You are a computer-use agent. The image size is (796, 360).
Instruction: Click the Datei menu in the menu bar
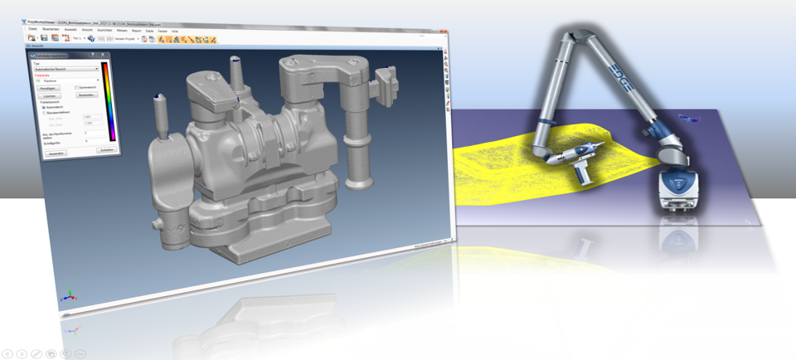click(x=33, y=28)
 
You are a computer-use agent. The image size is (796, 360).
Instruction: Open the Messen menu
click(x=122, y=29)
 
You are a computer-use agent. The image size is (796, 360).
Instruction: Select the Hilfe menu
click(x=176, y=30)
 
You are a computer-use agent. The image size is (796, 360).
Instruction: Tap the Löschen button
click(x=48, y=95)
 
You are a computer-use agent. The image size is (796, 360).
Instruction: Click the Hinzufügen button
click(x=48, y=87)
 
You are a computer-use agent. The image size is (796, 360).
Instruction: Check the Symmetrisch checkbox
click(x=77, y=87)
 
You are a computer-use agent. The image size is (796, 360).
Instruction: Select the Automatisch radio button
click(x=44, y=108)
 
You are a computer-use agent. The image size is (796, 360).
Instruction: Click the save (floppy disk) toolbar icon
click(x=43, y=37)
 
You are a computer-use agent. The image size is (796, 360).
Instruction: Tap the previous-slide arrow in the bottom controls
click(x=7, y=353)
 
